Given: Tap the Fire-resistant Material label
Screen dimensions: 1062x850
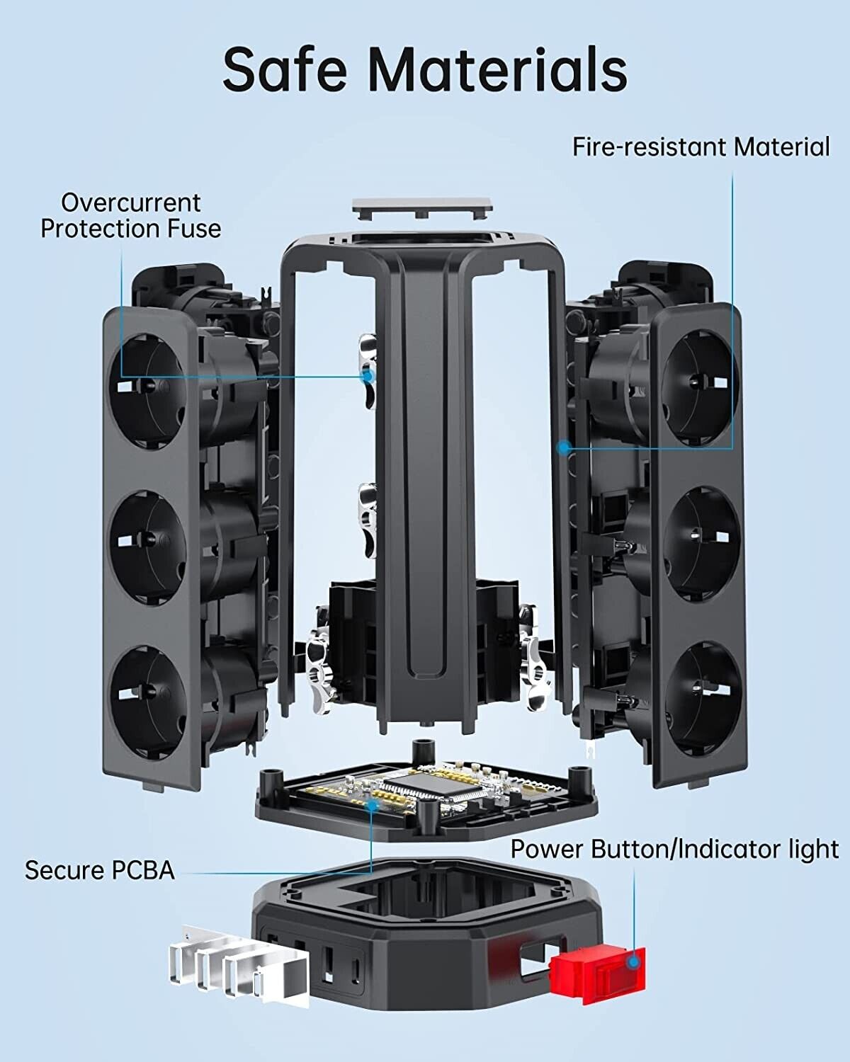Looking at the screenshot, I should tap(701, 147).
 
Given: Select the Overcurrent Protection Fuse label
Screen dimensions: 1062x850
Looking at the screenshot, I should tap(130, 215).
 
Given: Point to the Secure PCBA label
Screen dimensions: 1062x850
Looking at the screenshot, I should tap(99, 870).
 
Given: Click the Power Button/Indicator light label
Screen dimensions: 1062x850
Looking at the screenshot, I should tap(674, 848).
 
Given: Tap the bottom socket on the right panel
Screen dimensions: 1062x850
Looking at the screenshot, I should tap(701, 690).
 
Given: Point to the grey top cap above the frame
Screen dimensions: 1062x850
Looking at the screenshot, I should tap(422, 208).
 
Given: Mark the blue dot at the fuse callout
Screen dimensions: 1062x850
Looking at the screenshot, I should tap(368, 376).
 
